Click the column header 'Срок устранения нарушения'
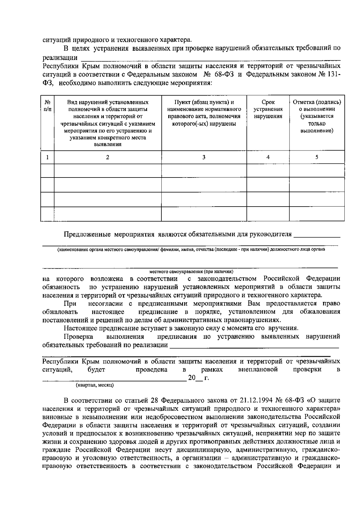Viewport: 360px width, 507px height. pyautogui.click(x=268, y=109)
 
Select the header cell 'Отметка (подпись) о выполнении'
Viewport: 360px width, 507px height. pyautogui.click(x=317, y=116)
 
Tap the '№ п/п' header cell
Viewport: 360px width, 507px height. pyautogui.click(x=47, y=106)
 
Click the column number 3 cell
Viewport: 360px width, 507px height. pyautogui.click(x=204, y=157)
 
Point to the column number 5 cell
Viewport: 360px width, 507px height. pyautogui.click(x=317, y=157)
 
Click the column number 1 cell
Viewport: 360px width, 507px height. pyautogui.click(x=47, y=157)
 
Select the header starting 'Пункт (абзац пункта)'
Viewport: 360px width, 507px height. pyautogui.click(x=204, y=113)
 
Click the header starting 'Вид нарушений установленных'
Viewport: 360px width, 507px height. pyautogui.click(x=108, y=123)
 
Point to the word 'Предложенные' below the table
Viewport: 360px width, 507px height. pyautogui.click(x=87, y=234)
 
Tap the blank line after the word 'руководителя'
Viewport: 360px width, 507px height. pyautogui.click(x=317, y=235)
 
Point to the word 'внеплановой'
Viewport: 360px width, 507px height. pyautogui.click(x=258, y=369)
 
